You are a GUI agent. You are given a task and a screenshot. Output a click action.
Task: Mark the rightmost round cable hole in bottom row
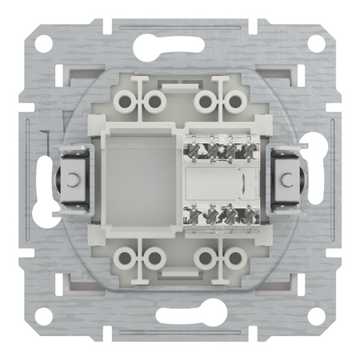[234, 257]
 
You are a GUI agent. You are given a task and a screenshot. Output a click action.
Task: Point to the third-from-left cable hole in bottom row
[208, 257]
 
